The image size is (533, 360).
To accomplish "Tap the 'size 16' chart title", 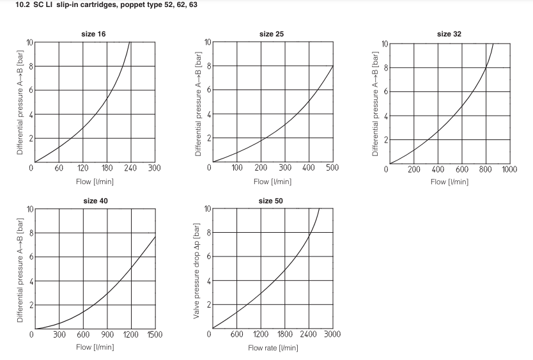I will click(x=94, y=33).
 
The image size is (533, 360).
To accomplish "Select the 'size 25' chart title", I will click(x=272, y=33).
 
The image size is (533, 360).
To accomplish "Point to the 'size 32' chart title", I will click(x=449, y=33).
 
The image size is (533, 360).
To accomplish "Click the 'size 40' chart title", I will click(x=94, y=201).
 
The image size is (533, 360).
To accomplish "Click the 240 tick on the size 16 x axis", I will click(x=130, y=168).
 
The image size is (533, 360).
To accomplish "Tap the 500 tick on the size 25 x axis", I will click(x=332, y=168).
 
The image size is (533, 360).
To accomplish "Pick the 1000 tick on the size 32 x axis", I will click(x=509, y=169).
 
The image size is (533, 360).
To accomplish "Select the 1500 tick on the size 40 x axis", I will click(x=155, y=334).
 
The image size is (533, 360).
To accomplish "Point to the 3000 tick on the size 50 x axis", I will click(x=332, y=334).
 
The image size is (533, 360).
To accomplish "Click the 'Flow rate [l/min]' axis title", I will click(x=273, y=348).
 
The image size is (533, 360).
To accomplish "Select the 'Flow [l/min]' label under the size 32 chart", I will click(x=450, y=182).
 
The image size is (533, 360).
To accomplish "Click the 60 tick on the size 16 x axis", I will click(x=59, y=168).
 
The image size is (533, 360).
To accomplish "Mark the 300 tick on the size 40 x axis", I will click(x=59, y=334).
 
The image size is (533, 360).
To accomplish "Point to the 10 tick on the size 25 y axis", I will click(x=207, y=42).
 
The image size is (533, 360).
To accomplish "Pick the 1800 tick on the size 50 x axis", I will click(x=285, y=334).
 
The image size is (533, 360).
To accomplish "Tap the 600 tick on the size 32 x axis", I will click(x=462, y=169).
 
